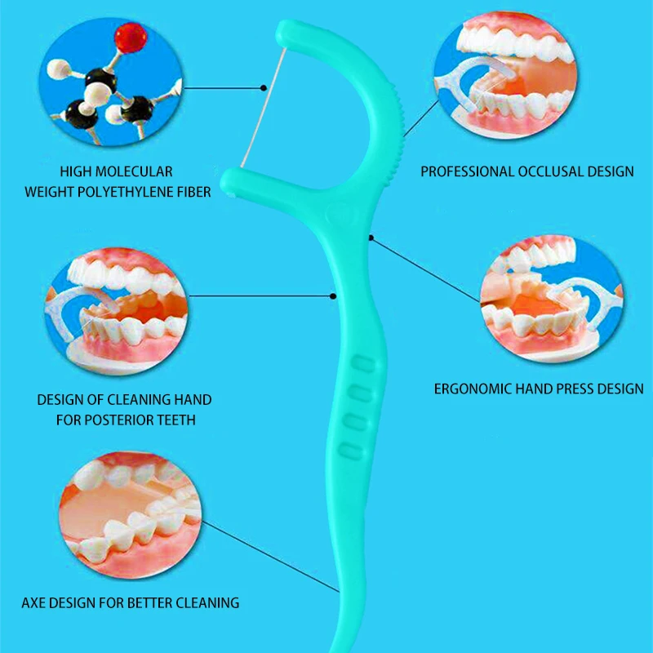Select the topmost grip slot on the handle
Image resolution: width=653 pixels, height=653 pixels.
[x=359, y=364]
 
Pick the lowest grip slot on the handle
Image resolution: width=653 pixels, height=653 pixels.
[x=351, y=449]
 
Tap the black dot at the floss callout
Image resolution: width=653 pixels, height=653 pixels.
[x=263, y=86]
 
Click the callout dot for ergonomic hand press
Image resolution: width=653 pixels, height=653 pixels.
[x=371, y=238]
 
